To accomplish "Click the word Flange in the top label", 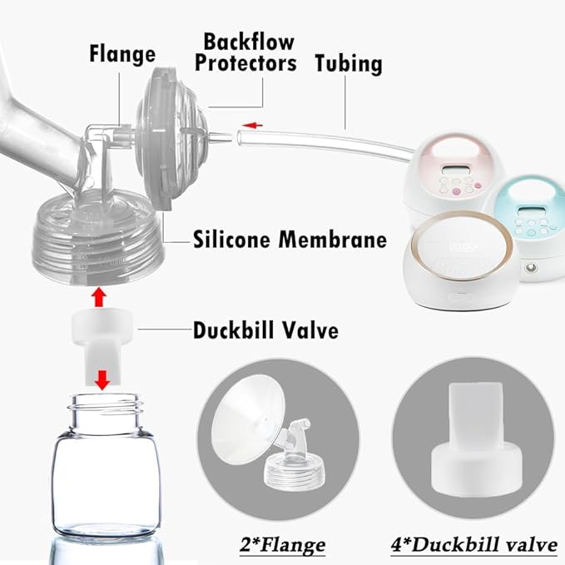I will coord(122,54).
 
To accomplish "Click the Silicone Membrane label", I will coord(290,240).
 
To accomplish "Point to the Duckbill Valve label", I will coord(265,330).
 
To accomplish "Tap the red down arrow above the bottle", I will coord(102,379).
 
